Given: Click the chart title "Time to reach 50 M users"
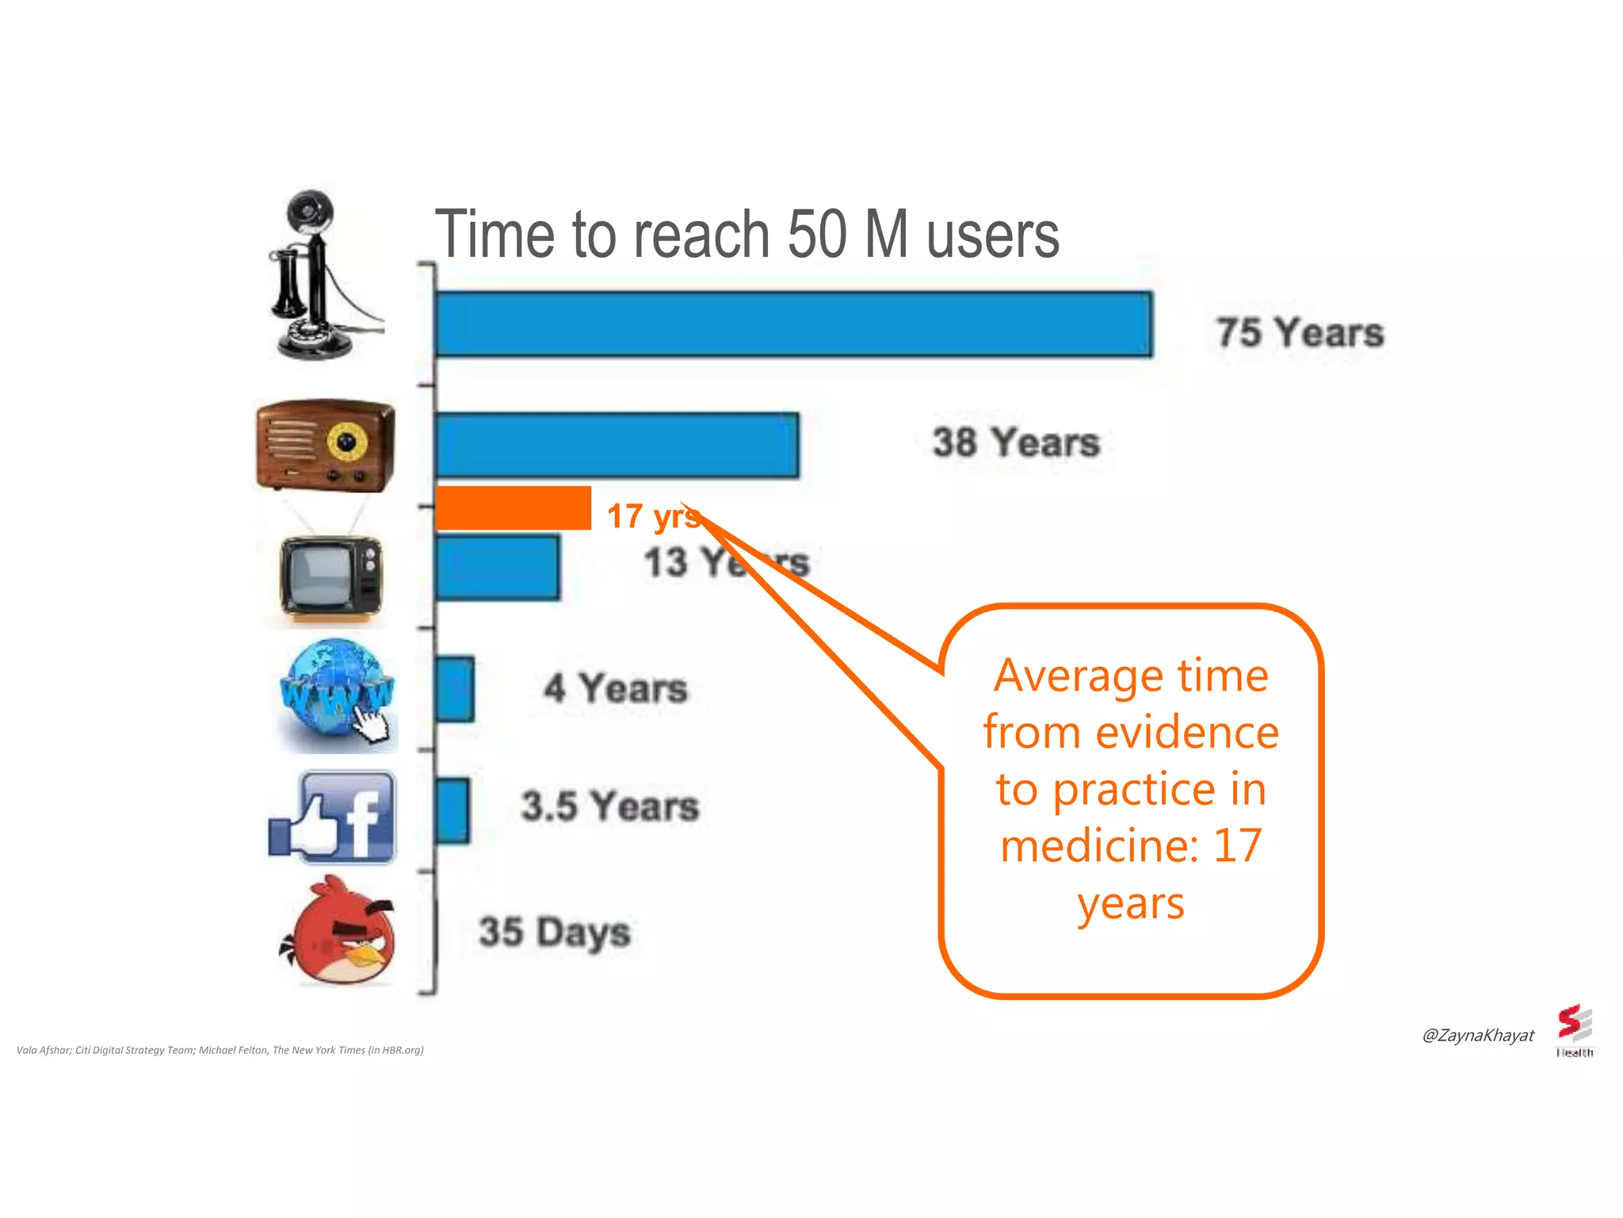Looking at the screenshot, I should pos(747,235).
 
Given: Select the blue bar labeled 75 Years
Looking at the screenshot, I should pos(793,324).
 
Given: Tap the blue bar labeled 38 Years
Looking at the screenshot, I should pos(617,445).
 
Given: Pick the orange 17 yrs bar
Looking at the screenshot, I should pos(513,508).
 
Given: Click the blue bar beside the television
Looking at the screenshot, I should pos(497,567).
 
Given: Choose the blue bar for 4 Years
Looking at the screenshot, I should pos(455,688).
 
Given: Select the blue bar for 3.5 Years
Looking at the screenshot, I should pos(452,810).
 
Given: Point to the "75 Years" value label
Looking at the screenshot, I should pos(1300,332).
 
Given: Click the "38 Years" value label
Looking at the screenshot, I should pos(1016,442).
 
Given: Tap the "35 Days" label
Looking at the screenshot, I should pos(555,933).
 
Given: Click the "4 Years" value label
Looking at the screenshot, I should pos(616,688).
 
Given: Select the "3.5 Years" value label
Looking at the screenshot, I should pos(610,806).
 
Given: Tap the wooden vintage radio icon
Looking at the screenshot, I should pos(325,445).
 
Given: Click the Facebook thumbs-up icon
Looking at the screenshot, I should pos(334,817).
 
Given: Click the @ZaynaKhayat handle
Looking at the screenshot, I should pos(1478,1036).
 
